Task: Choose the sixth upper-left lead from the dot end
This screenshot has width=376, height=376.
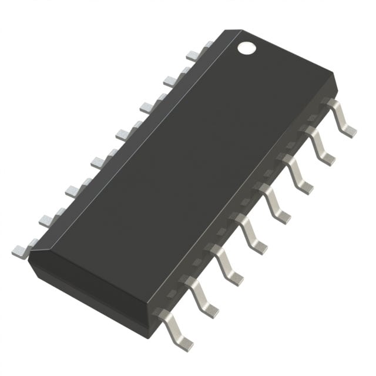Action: [x=76, y=189]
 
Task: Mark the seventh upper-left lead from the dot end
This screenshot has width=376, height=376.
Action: [x=49, y=218]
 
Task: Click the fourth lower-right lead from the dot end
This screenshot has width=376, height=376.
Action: [x=276, y=203]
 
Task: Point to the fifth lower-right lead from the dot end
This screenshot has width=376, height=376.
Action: [x=253, y=232]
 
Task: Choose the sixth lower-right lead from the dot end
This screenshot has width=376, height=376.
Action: [x=230, y=261]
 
